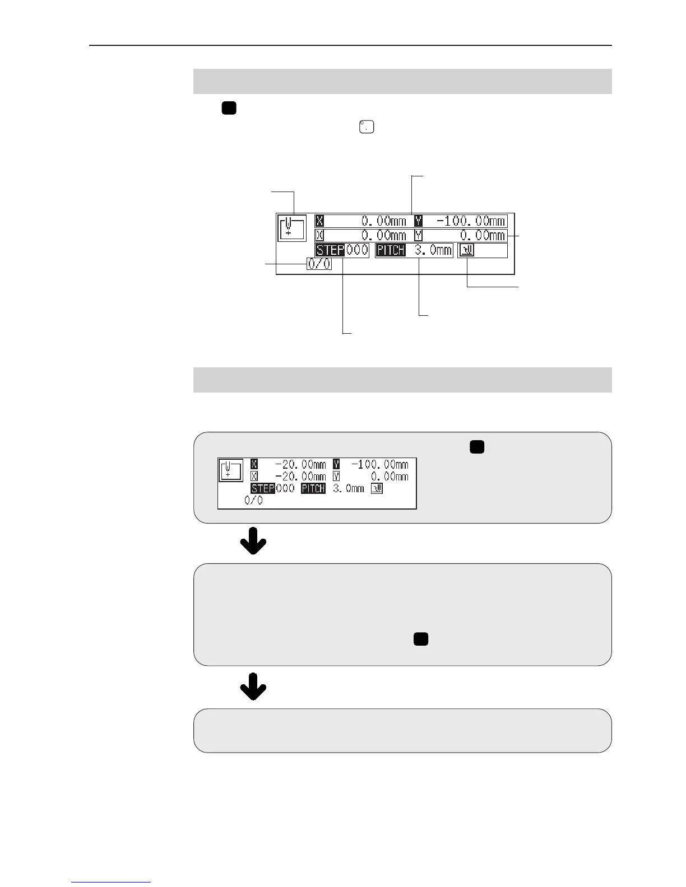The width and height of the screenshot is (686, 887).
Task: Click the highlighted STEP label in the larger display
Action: point(330,250)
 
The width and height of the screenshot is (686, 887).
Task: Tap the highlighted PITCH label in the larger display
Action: point(391,250)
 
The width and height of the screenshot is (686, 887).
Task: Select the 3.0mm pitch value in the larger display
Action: point(433,250)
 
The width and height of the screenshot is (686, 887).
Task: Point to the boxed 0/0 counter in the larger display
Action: point(319,264)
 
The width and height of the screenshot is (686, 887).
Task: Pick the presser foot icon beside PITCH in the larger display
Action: point(466,250)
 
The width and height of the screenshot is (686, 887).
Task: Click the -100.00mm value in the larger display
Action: point(471,221)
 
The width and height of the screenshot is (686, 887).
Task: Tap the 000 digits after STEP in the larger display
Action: point(356,250)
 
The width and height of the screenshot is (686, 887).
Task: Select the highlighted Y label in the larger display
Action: point(418,221)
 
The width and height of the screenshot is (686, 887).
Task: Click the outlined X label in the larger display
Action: point(319,235)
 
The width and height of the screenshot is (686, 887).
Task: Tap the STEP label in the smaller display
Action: point(262,488)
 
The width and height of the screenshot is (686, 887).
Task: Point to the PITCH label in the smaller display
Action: point(313,488)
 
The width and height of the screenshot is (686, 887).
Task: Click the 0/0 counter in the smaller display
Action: point(253,501)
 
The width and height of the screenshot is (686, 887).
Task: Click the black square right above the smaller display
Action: point(477,447)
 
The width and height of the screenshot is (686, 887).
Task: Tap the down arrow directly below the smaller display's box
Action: point(253,540)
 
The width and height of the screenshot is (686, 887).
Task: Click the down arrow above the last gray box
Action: point(253,687)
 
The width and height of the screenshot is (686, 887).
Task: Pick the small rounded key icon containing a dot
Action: point(366,127)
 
